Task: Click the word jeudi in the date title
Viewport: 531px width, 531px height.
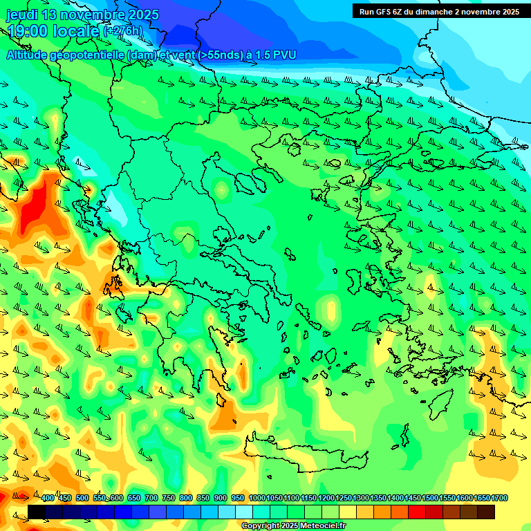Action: click(22, 15)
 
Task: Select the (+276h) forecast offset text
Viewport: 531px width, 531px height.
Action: click(124, 31)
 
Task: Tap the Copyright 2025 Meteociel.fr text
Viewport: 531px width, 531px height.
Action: click(293, 526)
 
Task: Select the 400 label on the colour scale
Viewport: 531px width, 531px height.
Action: click(48, 499)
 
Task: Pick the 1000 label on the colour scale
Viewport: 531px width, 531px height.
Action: click(257, 499)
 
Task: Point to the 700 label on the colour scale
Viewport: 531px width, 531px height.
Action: click(151, 499)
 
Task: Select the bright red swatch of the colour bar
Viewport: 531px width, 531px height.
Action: click(417, 512)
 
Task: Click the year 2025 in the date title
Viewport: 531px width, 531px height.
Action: click(142, 15)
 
